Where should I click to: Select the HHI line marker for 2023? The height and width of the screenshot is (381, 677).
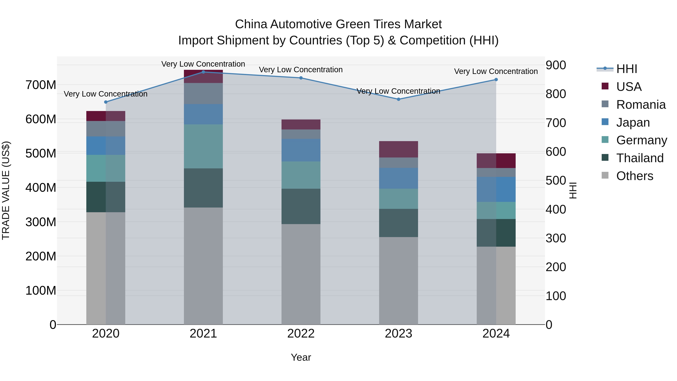pyautogui.click(x=398, y=99)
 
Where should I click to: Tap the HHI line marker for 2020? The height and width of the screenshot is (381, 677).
pyautogui.click(x=106, y=102)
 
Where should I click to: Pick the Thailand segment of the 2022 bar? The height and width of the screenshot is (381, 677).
pyautogui.click(x=301, y=206)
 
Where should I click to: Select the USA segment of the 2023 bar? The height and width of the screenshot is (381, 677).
pyautogui.click(x=398, y=149)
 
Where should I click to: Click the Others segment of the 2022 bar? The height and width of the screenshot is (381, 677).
pyautogui.click(x=301, y=274)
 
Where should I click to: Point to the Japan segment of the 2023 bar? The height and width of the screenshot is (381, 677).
pyautogui.click(x=398, y=178)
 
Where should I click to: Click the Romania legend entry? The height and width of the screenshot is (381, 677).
pyautogui.click(x=641, y=105)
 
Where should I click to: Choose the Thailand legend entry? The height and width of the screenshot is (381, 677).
pyautogui.click(x=640, y=158)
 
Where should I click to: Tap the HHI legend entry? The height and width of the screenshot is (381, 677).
pyautogui.click(x=627, y=69)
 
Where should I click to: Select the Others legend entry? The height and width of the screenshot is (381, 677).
pyautogui.click(x=634, y=176)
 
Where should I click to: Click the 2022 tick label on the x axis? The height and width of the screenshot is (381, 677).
pyautogui.click(x=301, y=334)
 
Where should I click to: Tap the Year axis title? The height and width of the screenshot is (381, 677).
pyautogui.click(x=301, y=357)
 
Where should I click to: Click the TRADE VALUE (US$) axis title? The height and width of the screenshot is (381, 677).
pyautogui.click(x=6, y=190)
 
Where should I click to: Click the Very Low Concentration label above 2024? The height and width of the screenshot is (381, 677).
pyautogui.click(x=496, y=71)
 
